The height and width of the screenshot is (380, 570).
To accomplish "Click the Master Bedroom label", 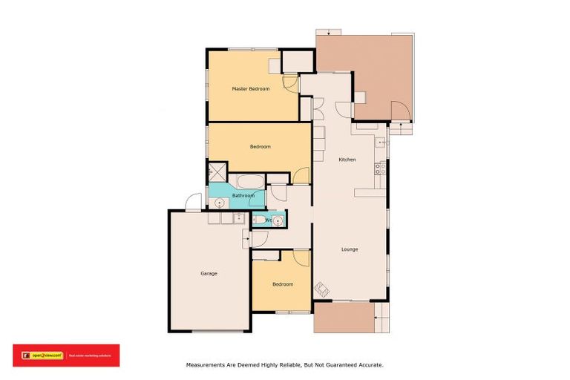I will [250, 89].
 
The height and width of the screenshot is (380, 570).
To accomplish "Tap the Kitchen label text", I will [347, 160].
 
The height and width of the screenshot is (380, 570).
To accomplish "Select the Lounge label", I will [350, 249].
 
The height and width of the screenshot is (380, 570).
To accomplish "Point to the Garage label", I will [209, 274].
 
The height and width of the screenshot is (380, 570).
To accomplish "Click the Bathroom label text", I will [243, 196].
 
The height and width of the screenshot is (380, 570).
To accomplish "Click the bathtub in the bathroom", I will [246, 181].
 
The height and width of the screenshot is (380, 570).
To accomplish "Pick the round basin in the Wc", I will [278, 220].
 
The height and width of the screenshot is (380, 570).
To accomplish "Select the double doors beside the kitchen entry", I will [317, 108].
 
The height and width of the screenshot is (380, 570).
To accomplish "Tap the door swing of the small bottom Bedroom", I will [301, 258].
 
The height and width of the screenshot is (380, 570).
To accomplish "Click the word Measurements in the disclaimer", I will [205, 365].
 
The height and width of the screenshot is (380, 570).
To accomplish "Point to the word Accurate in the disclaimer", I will [369, 365].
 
